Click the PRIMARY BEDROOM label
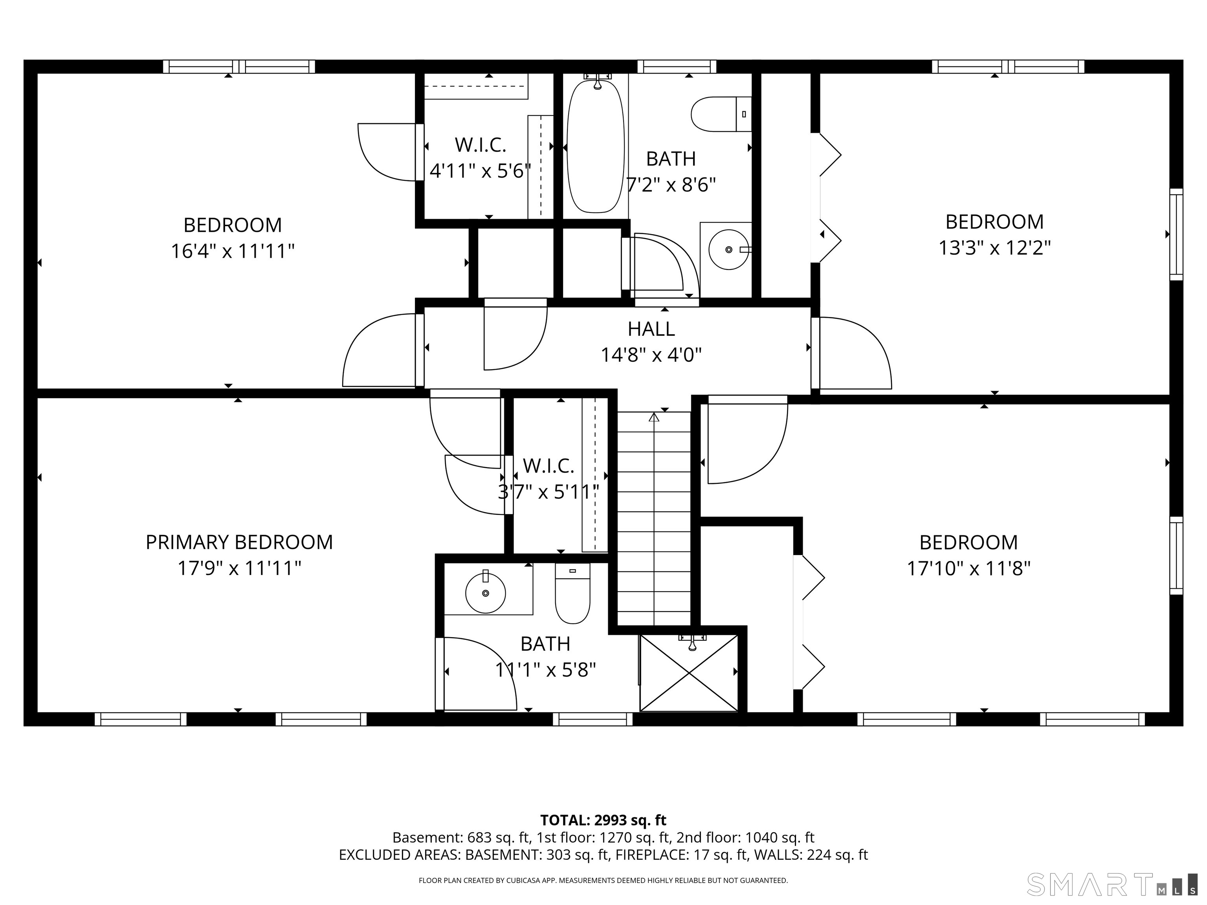[239, 542]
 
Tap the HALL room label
[651, 329]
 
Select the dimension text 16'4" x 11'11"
[233, 251]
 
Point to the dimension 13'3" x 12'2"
[994, 248]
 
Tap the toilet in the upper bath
[721, 114]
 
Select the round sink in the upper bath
[728, 250]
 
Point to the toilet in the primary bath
[572, 594]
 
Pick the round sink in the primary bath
[485, 593]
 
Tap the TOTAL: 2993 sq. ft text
[603, 820]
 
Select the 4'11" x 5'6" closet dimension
[480, 171]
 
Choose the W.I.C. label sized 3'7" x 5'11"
[548, 466]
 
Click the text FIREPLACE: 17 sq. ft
[681, 855]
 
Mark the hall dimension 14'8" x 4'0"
[651, 355]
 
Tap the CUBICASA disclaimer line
[603, 880]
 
